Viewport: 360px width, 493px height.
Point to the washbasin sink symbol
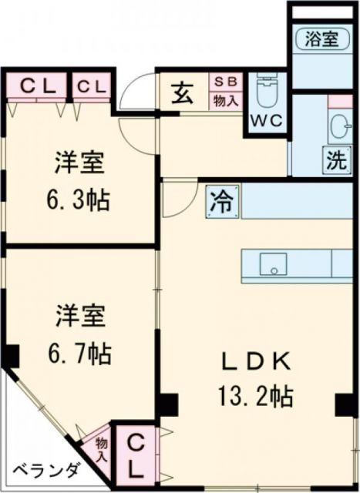coord(340,126)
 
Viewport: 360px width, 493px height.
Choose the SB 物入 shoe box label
coord(226,90)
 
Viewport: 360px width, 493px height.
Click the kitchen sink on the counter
coord(271,263)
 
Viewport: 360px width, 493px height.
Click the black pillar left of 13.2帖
coord(168,403)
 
